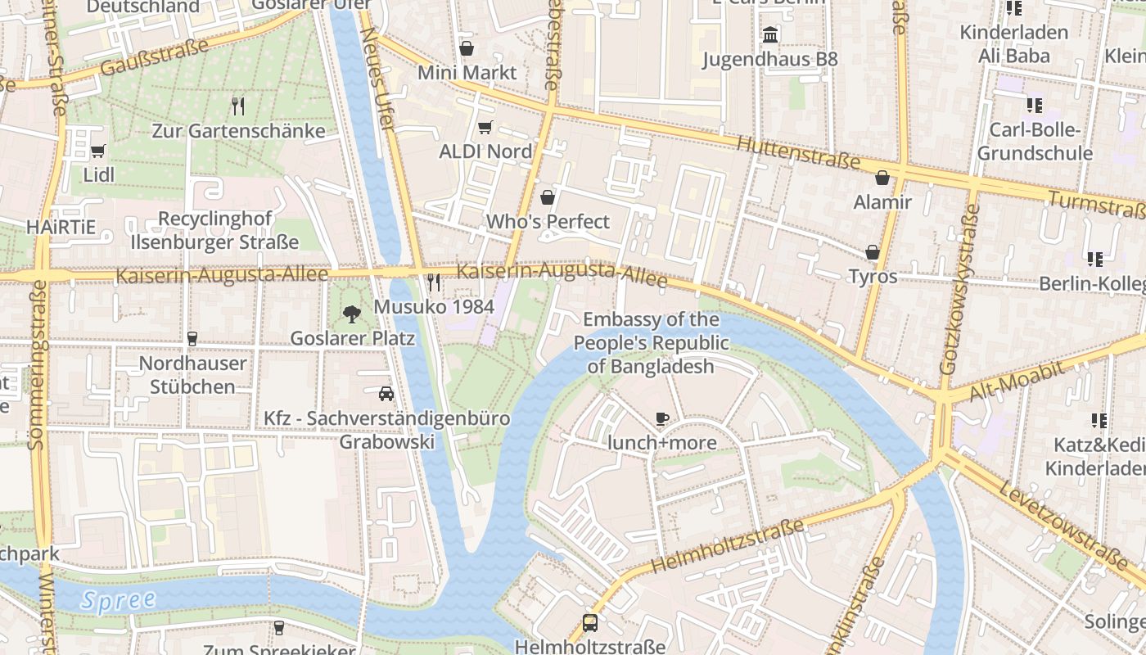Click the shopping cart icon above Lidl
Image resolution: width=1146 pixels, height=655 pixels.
(x=98, y=151)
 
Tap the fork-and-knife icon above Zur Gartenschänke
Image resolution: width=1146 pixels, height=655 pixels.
(x=238, y=106)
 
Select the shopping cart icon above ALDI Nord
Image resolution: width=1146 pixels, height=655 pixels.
(x=485, y=127)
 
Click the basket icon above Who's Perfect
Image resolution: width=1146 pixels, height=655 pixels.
(x=548, y=197)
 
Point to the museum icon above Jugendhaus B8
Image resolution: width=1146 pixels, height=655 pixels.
(x=770, y=35)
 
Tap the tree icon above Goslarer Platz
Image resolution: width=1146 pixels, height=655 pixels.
(x=352, y=314)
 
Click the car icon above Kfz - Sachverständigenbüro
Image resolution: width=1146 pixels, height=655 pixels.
(x=386, y=394)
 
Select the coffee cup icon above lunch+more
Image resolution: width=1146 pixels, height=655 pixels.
(x=662, y=419)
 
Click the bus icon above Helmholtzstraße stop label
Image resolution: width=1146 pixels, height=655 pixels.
(x=589, y=622)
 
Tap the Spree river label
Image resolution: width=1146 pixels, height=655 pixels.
(x=119, y=599)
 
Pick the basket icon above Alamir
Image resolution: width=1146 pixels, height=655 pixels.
(x=882, y=178)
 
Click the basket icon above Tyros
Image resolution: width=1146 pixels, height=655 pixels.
(x=873, y=252)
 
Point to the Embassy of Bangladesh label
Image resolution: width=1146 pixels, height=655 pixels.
(x=651, y=343)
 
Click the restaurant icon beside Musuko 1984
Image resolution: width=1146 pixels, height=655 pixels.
(x=434, y=282)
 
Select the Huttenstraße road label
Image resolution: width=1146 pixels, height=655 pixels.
(x=797, y=153)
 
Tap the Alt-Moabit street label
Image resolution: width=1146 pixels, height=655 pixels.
(x=1017, y=382)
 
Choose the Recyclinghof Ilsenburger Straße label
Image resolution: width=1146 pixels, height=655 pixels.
(x=215, y=231)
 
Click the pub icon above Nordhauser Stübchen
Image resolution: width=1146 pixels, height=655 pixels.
(x=192, y=338)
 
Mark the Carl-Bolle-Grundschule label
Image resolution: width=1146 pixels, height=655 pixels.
(x=1035, y=142)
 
